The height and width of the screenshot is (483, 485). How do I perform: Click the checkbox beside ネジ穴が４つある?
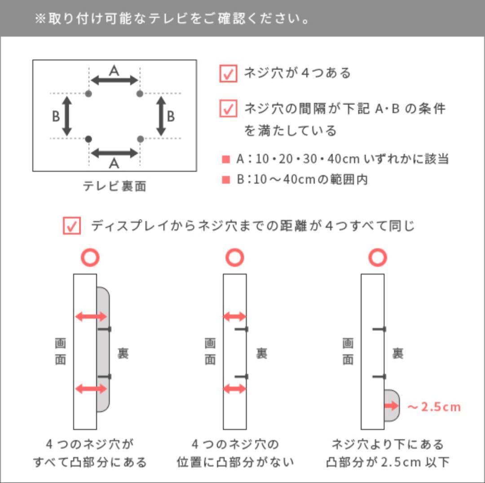[x=228, y=74]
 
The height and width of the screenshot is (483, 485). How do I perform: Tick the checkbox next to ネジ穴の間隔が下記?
[x=228, y=109]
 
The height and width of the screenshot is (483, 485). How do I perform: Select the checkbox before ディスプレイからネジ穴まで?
[x=71, y=226]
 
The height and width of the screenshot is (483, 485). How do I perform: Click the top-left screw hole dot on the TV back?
[x=88, y=94]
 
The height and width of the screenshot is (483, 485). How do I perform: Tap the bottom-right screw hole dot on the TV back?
[x=140, y=139]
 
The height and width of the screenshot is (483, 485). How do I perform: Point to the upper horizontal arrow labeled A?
[x=114, y=81]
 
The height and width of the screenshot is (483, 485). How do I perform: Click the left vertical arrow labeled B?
[x=67, y=116]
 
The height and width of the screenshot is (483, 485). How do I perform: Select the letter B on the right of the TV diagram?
[x=171, y=117]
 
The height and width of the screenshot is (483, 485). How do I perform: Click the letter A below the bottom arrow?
[x=114, y=164]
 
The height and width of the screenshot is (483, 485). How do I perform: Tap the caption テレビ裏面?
[x=115, y=186]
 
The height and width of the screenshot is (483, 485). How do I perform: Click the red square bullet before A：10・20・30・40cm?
[x=225, y=159]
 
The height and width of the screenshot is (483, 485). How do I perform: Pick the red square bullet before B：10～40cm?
[x=225, y=180]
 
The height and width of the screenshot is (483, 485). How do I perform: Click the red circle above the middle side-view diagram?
[x=234, y=258]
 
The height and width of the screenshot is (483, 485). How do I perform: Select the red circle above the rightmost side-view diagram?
[x=378, y=258]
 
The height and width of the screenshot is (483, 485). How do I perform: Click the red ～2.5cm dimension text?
[x=434, y=407]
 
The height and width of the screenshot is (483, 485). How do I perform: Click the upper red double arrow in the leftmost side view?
[x=91, y=317]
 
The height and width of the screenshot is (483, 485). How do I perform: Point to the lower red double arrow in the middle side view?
[x=234, y=388]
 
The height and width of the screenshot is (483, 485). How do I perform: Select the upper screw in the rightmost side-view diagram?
[x=379, y=329]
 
